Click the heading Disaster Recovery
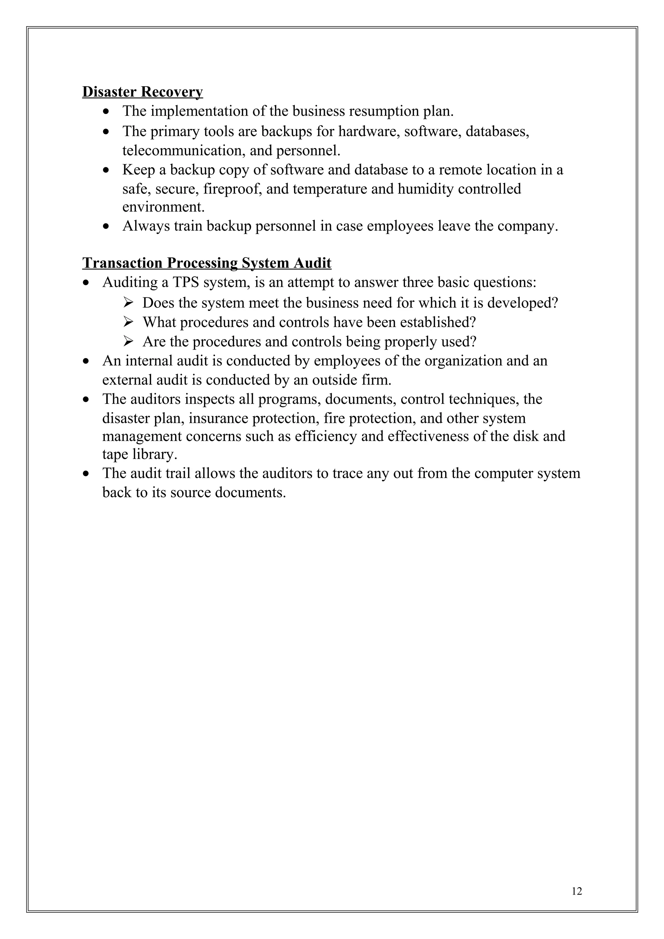(142, 92)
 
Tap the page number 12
(576, 891)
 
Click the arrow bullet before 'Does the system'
(128, 303)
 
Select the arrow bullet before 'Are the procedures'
(128, 341)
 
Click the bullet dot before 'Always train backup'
(106, 226)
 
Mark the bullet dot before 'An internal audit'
(86, 361)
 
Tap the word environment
(163, 207)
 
